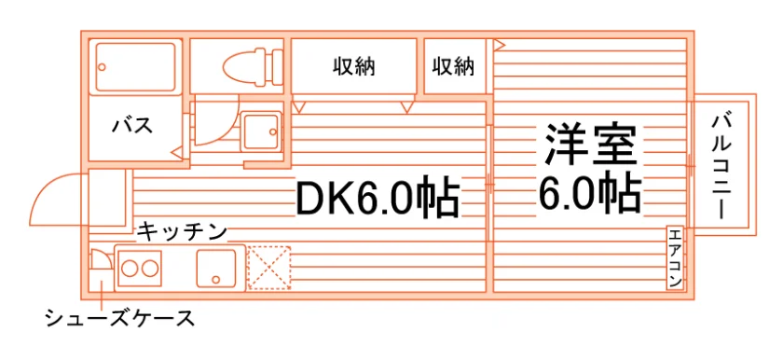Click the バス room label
point(132,125)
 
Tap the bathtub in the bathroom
point(135,66)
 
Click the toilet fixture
point(253,65)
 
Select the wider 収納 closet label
point(353,66)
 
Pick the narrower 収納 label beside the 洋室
point(453,66)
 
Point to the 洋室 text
point(590,145)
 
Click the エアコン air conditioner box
point(675,257)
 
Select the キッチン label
point(182,231)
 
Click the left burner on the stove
point(130,269)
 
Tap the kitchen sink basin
point(215,268)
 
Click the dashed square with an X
point(269,267)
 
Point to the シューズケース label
point(119,317)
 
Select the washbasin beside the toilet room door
point(261,131)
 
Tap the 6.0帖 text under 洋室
point(589,193)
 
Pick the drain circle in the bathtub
point(103,67)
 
